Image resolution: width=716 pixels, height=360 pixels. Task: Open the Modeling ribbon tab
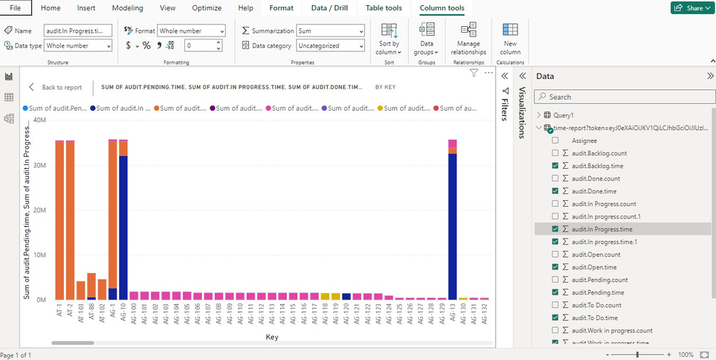pyautogui.click(x=127, y=8)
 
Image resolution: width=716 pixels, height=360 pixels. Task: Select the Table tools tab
pyautogui.click(x=384, y=8)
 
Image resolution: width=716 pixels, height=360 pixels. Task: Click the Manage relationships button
pyautogui.click(x=468, y=39)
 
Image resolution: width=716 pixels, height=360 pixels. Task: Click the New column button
pyautogui.click(x=510, y=39)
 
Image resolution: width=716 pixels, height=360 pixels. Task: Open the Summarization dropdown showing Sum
pyautogui.click(x=330, y=30)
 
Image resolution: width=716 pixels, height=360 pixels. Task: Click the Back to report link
pyautogui.click(x=56, y=87)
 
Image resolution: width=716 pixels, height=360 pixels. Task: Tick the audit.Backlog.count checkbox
pyautogui.click(x=555, y=152)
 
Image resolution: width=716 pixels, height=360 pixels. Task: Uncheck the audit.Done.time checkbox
pyautogui.click(x=555, y=190)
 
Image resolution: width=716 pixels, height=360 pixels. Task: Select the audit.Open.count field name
pyautogui.click(x=596, y=254)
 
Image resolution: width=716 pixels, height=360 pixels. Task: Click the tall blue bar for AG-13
pyautogui.click(x=452, y=223)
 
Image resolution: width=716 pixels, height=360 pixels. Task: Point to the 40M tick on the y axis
pyautogui.click(x=40, y=120)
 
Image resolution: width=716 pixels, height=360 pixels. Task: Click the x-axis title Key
pyautogui.click(x=272, y=337)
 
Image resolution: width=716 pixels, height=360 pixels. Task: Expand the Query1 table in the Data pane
pyautogui.click(x=539, y=115)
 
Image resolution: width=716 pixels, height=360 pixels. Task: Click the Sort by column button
pyautogui.click(x=389, y=39)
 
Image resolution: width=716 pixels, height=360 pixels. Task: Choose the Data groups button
pyautogui.click(x=427, y=39)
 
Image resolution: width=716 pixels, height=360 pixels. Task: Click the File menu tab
pyautogui.click(x=16, y=8)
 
